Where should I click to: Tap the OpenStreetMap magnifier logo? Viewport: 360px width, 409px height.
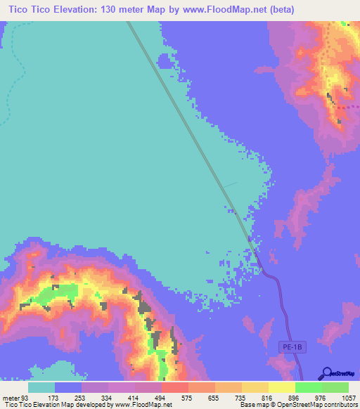(x=326, y=373)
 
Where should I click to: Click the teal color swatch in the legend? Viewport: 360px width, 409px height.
(x=41, y=387)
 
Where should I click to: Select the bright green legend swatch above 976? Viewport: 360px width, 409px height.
(x=309, y=387)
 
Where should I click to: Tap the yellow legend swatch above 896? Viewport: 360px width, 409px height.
(x=282, y=387)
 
